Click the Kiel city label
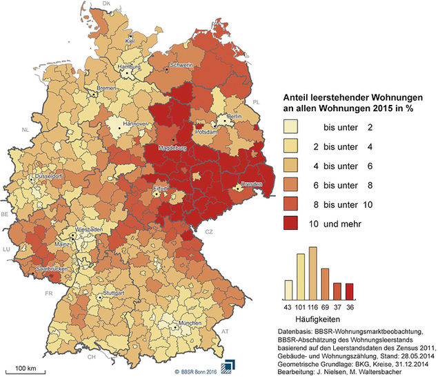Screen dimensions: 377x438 pyautogui.click(x=129, y=41)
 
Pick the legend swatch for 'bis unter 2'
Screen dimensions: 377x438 pyautogui.click(x=292, y=127)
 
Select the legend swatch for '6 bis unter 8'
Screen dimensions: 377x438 pyautogui.click(x=292, y=185)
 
